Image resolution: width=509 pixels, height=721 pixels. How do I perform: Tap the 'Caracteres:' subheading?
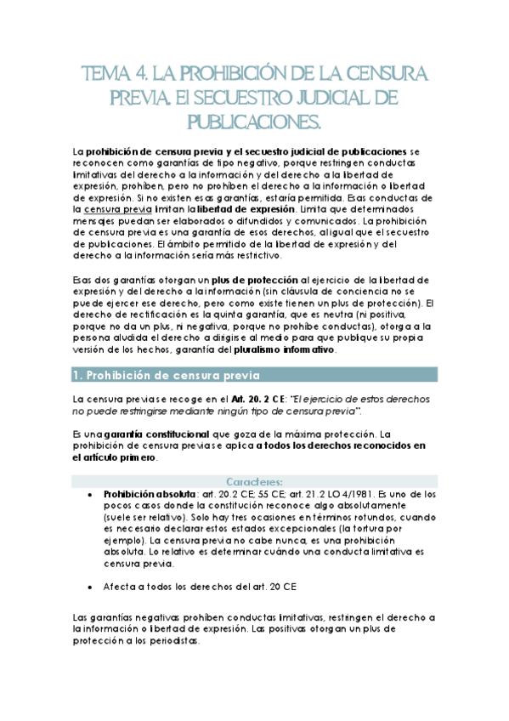pos(254,481)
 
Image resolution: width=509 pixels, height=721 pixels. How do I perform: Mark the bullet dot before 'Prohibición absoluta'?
pos(91,494)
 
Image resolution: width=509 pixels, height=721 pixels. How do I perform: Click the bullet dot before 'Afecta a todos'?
pos(91,587)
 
